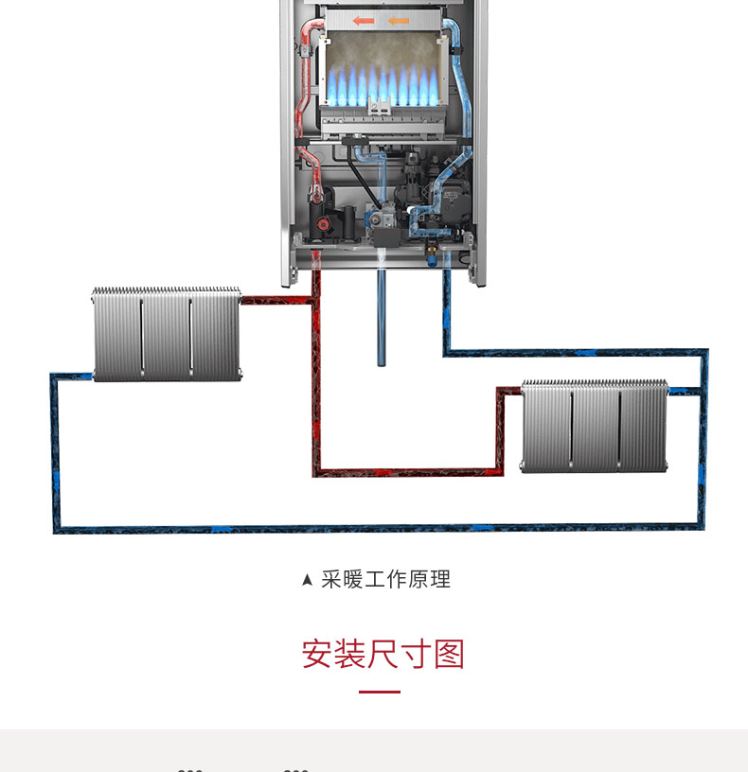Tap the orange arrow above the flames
[399, 20]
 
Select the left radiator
[167, 333]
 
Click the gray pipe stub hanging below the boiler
[381, 317]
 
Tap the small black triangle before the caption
[307, 580]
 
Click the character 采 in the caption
[330, 579]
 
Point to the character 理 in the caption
[440, 579]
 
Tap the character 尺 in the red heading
[383, 654]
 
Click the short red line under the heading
[380, 692]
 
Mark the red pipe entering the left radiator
[275, 300]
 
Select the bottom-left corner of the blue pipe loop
[54, 530]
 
